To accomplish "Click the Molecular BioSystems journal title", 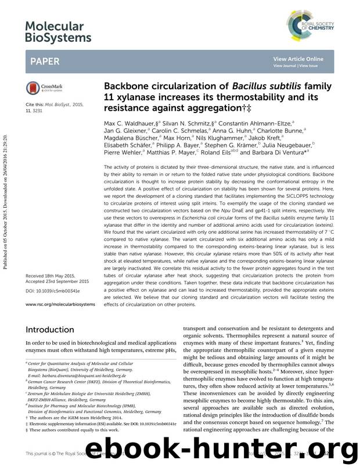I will point(58,31).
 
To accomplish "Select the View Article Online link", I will point(306,59).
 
